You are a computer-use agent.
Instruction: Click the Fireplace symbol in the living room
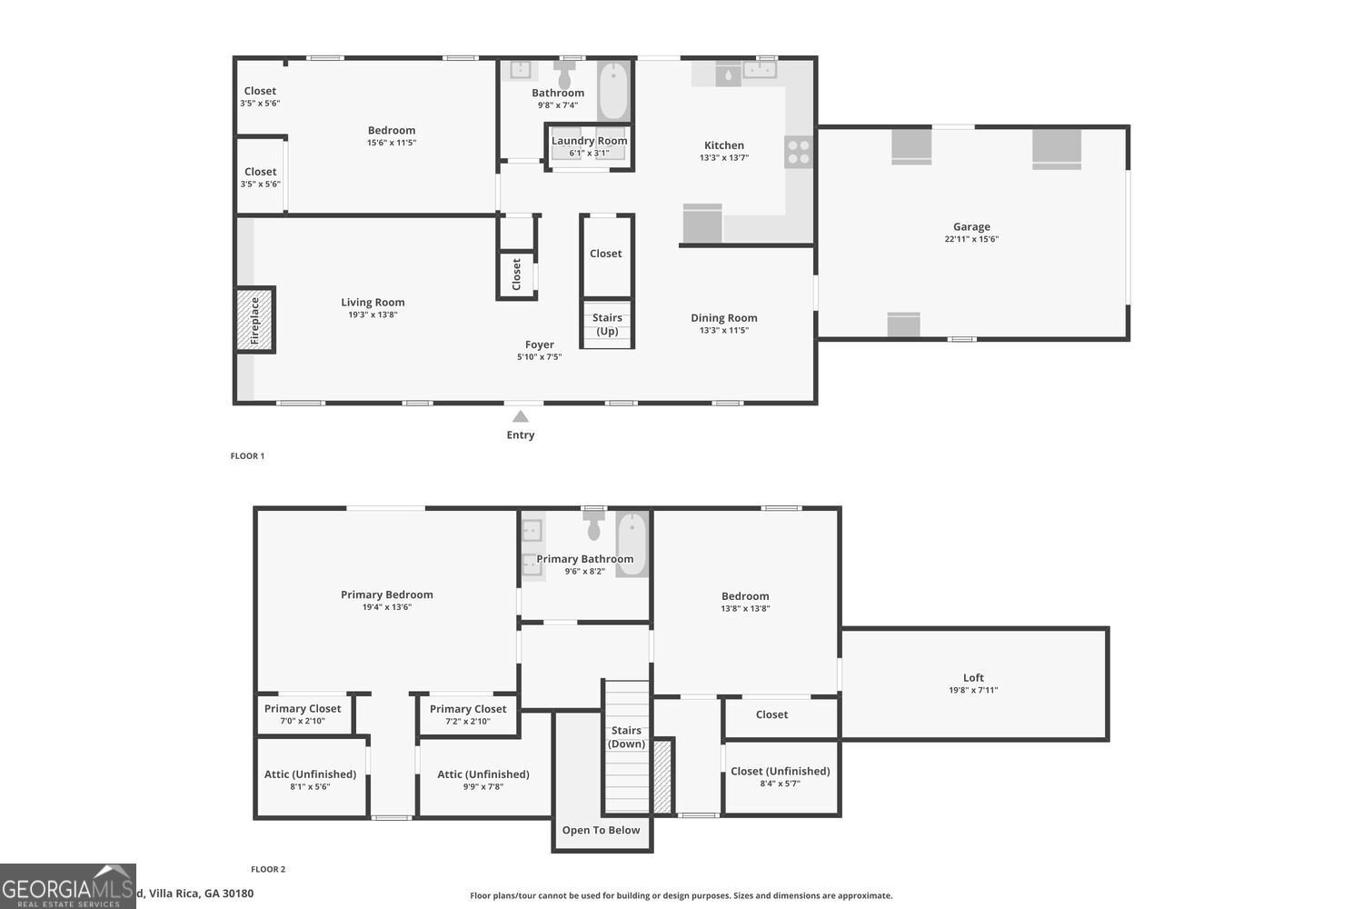click(255, 320)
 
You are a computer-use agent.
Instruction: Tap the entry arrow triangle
click(521, 416)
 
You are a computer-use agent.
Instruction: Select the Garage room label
click(971, 227)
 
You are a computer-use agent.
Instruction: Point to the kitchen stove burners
click(799, 152)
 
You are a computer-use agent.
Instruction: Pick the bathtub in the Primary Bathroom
click(632, 544)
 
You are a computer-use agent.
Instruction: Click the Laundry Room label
click(589, 141)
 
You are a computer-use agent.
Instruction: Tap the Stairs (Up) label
click(607, 325)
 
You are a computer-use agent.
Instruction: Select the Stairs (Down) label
click(626, 737)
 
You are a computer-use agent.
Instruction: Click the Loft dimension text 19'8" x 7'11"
click(973, 691)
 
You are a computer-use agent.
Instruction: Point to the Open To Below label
click(601, 830)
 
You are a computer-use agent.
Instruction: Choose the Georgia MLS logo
click(67, 886)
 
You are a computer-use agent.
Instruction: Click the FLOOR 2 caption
click(268, 870)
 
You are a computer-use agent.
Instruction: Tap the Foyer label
click(539, 345)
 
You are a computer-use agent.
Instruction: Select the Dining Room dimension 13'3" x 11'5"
click(723, 331)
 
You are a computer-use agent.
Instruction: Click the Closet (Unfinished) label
click(780, 771)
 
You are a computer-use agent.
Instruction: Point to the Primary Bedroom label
click(387, 594)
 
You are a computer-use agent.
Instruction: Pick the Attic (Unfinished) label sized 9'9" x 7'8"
click(483, 774)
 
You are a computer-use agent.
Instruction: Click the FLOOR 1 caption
click(247, 456)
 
